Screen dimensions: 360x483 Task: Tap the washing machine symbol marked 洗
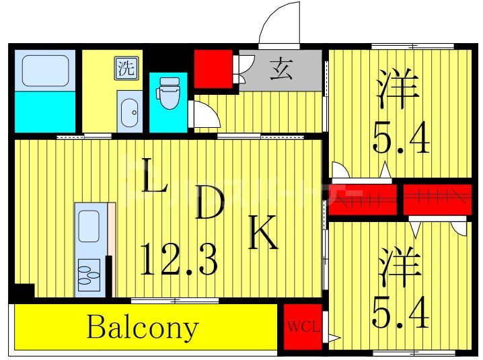coord(125,68)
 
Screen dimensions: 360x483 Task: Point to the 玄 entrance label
coord(281,70)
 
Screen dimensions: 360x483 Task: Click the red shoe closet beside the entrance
coord(213,68)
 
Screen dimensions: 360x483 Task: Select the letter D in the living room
coord(209,205)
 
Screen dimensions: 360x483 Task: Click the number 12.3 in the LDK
coord(178,259)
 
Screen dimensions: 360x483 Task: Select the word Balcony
coord(143,328)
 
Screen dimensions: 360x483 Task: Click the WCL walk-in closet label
coord(303,328)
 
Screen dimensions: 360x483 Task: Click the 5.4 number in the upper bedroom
coord(401,139)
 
